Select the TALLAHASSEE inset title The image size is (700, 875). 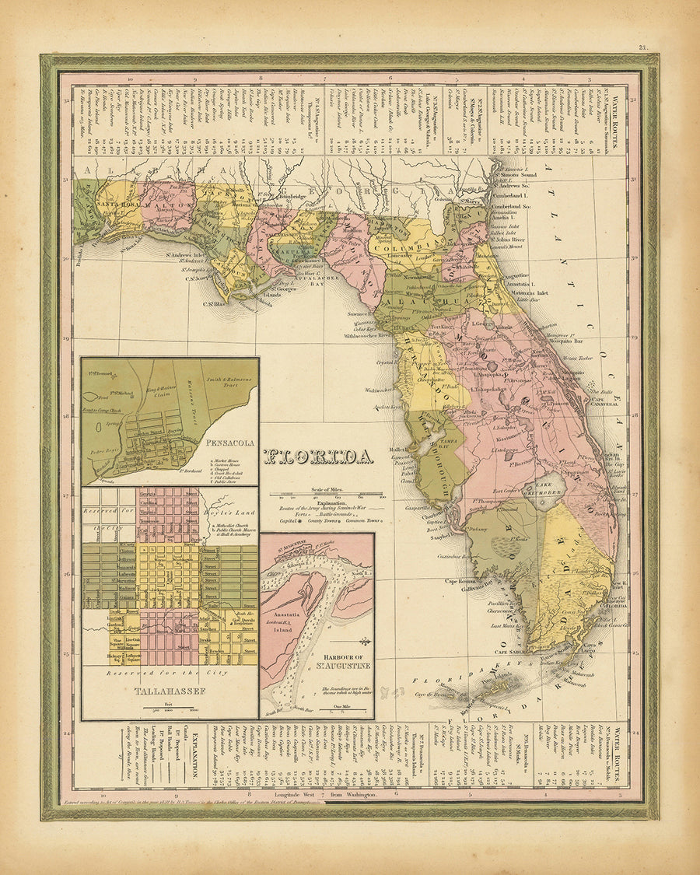click(x=169, y=690)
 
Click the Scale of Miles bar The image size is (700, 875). click(x=327, y=495)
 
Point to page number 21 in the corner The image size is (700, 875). click(x=642, y=47)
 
